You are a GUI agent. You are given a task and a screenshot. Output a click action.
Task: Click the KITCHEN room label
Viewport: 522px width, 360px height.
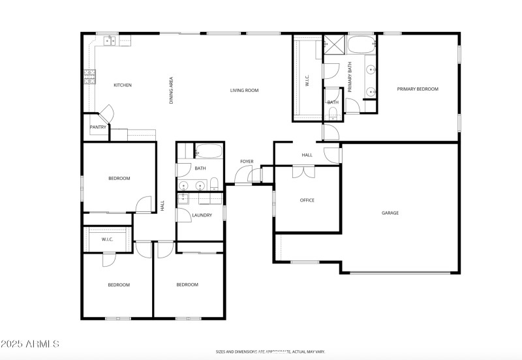click(123, 85)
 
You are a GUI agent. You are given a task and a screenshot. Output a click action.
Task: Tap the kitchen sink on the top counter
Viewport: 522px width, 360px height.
click(110, 40)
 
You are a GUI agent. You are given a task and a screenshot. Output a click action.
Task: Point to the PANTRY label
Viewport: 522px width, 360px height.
click(98, 127)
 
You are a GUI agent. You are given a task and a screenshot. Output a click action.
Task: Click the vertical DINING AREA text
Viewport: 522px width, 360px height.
click(172, 91)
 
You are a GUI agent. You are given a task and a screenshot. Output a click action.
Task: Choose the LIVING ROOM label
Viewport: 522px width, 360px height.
click(245, 91)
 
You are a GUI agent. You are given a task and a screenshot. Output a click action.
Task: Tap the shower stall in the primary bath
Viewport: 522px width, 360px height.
click(335, 45)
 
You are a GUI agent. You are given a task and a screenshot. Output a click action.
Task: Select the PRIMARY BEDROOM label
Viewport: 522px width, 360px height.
click(418, 89)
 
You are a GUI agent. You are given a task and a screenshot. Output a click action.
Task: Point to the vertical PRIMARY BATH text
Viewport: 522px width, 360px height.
click(350, 76)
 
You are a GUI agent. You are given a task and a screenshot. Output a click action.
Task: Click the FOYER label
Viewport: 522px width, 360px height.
click(247, 161)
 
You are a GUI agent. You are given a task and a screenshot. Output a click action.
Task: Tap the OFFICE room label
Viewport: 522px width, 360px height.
click(307, 200)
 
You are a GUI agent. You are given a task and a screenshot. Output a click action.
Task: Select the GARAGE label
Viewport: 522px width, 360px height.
click(390, 213)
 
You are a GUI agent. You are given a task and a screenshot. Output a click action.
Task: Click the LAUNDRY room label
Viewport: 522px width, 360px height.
click(202, 215)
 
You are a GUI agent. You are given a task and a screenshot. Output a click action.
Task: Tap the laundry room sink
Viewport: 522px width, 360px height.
click(184, 199)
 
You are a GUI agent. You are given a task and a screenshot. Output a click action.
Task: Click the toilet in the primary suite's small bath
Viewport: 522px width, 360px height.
click(333, 115)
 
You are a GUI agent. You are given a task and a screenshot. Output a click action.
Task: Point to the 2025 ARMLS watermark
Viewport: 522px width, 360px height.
click(31, 344)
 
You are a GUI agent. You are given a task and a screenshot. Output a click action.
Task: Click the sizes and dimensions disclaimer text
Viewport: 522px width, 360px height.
click(270, 352)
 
